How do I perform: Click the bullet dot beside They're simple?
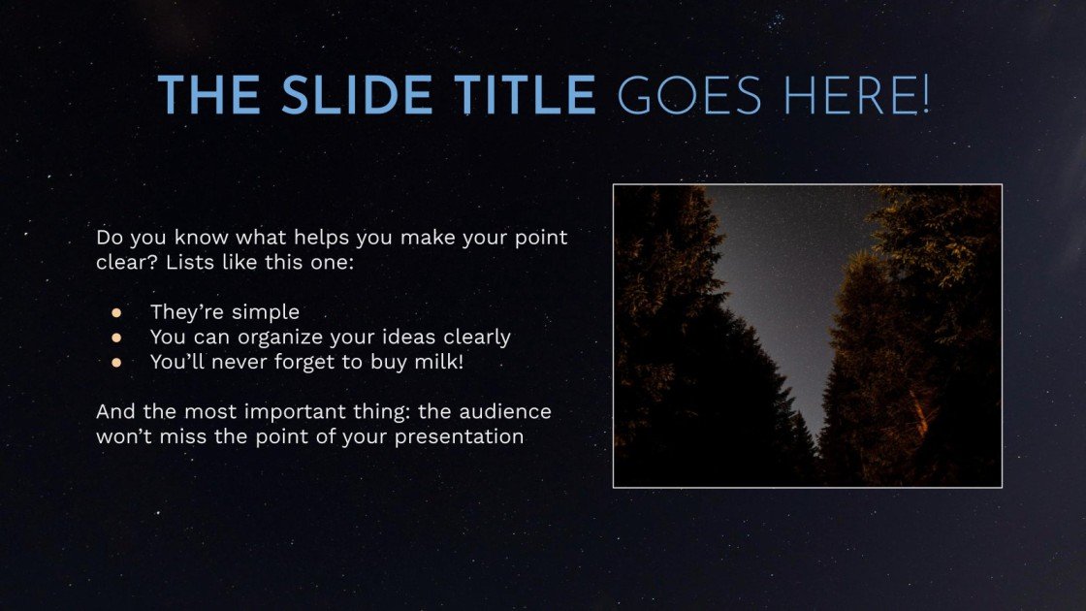(116, 312)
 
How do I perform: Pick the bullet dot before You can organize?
(116, 338)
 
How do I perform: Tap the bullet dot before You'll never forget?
(116, 362)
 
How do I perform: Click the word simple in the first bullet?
(266, 312)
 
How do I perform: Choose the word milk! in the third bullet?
(439, 362)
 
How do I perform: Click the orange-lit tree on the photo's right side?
(921, 320)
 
